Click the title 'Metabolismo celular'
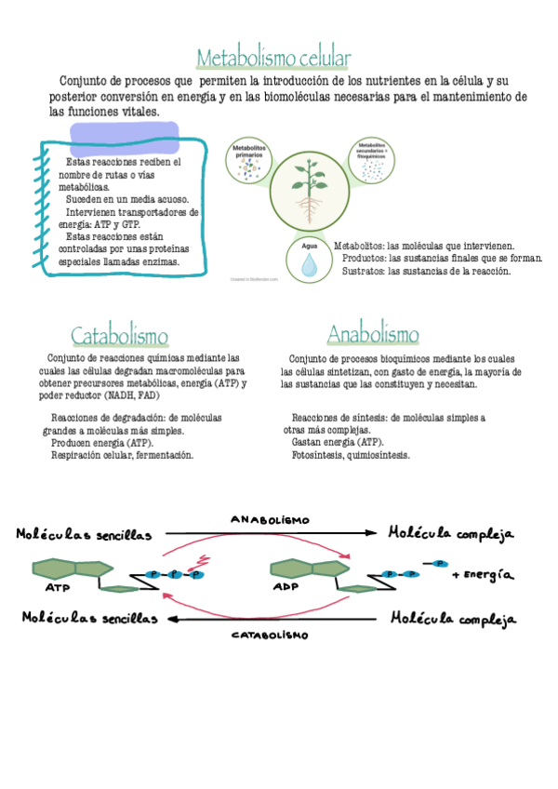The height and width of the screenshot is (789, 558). pos(272,59)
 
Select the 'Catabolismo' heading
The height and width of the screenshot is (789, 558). pos(119,336)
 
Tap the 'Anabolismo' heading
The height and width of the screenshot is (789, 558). pos(373,335)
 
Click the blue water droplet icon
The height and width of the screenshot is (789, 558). pos(309,264)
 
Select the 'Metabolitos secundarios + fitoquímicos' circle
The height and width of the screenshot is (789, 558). pos(372,159)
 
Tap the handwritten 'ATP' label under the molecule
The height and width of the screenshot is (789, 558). pos(56,588)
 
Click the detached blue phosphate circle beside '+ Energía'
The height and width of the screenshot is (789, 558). pos(438,563)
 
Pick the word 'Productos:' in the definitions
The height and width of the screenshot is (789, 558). pos(365,258)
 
